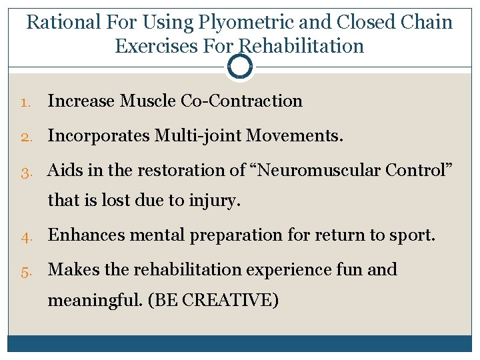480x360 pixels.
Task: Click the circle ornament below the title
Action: click(240, 67)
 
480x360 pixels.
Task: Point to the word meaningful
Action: click(95, 301)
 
